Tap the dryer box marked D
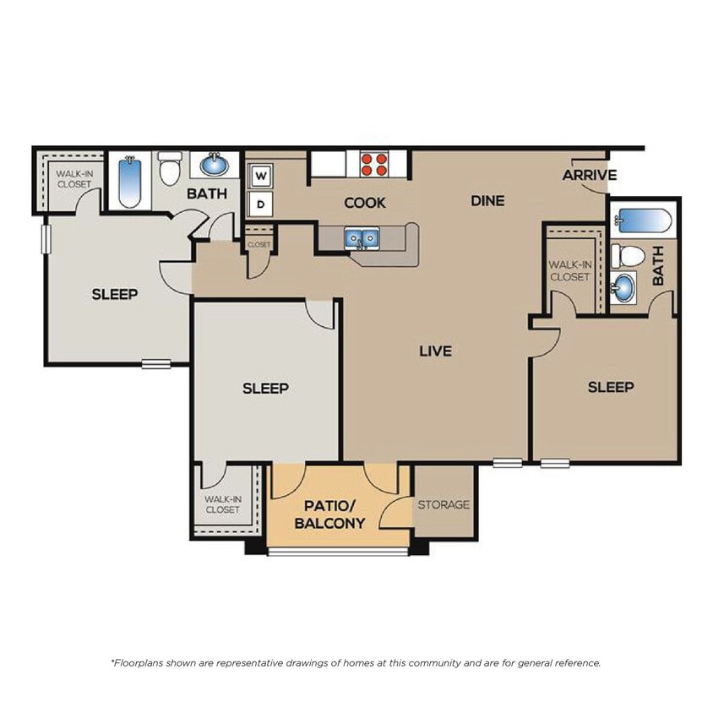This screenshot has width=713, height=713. click(x=261, y=204)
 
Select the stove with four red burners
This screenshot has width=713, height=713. click(x=374, y=163)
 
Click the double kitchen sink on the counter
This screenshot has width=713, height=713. click(x=361, y=239)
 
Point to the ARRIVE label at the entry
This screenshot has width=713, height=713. click(x=589, y=176)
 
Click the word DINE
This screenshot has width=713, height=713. click(x=487, y=201)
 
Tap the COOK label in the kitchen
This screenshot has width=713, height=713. click(x=365, y=203)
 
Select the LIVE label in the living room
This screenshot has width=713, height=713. click(x=435, y=351)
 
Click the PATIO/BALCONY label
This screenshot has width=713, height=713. click(x=329, y=514)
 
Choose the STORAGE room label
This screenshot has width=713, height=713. click(x=444, y=505)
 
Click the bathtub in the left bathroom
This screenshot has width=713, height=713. click(x=130, y=182)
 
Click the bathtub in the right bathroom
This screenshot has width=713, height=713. click(x=644, y=221)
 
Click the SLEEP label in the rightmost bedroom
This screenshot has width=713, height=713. click(x=610, y=387)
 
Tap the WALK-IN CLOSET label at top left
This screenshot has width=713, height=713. click(x=74, y=179)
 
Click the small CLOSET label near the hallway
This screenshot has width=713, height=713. click(x=259, y=245)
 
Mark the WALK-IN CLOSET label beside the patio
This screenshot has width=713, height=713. click(x=222, y=504)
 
